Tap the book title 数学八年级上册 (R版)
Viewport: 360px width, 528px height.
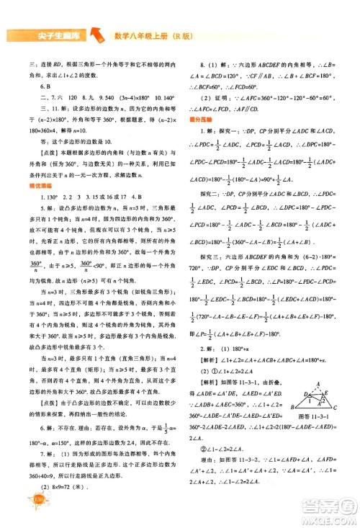(155, 35)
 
